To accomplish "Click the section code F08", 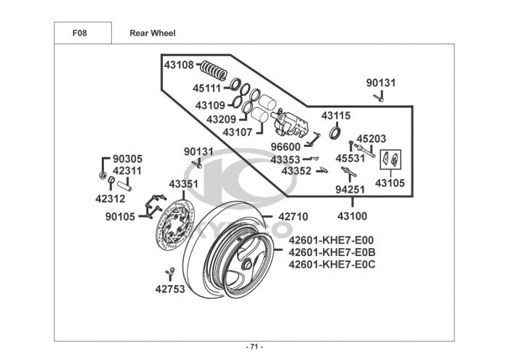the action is pos(79,33).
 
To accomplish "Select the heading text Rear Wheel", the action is pos(152,33).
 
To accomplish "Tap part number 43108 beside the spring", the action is pos(179,65).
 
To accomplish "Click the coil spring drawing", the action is pos(214,70).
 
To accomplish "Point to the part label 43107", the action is pos(237,132).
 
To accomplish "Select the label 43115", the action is pos(336,116).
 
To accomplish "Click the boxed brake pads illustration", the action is pos(390,159).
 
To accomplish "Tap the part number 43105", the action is pos(390,183).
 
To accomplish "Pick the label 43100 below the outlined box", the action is pos(352,216).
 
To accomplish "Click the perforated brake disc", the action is pos(175,225).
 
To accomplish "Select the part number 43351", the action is pos(183,184).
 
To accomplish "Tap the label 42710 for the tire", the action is pos(293,217).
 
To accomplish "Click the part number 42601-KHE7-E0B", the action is pos(332,252).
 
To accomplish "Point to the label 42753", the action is pos(170,289).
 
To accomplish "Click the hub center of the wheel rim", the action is pos(247,264).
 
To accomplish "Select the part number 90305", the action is pos(127,159).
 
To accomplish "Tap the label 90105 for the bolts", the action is pos(120,217).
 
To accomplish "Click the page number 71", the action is pos(254,347).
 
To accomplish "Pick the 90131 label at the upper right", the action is pos(381,83).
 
